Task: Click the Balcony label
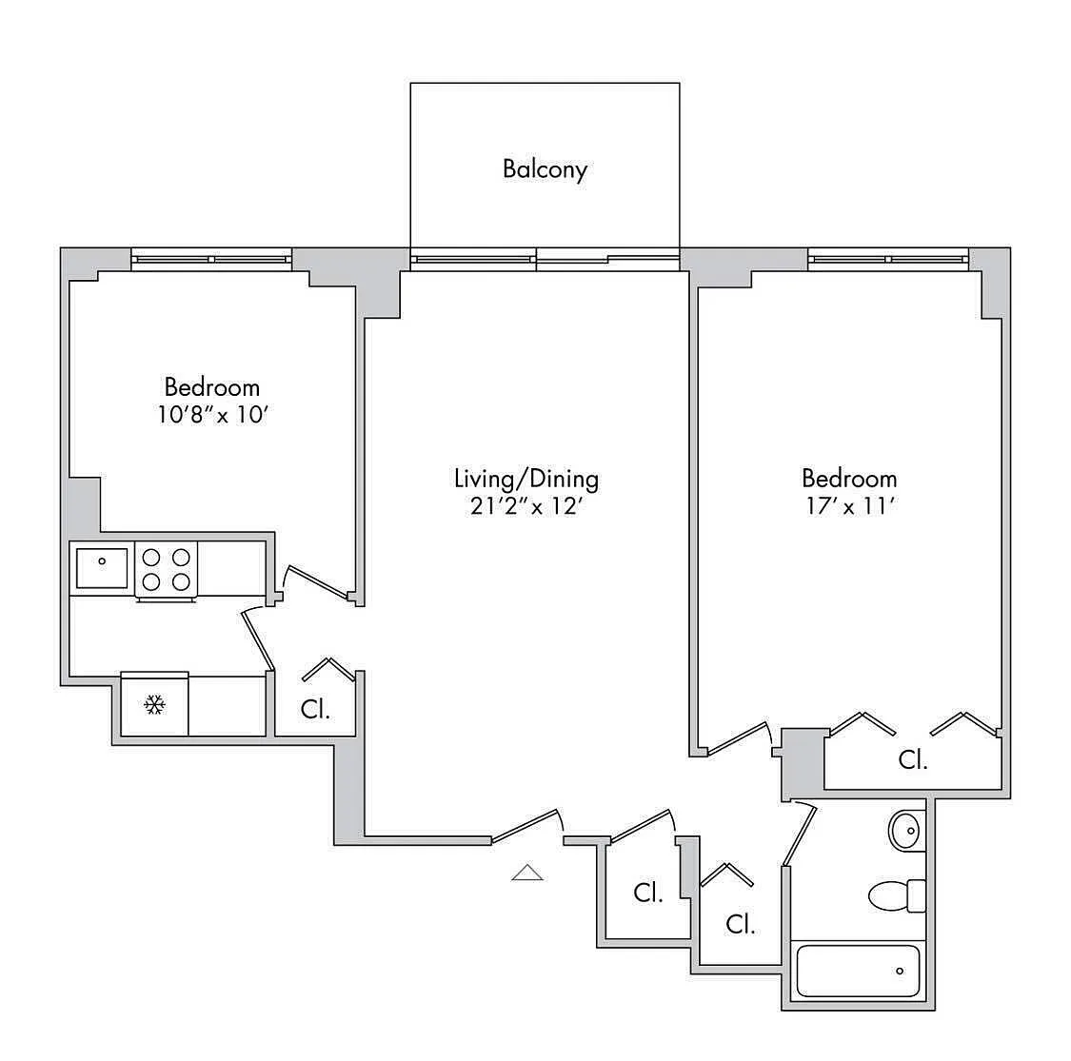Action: (x=545, y=169)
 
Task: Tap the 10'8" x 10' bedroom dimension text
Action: (x=210, y=415)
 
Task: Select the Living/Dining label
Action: (x=526, y=478)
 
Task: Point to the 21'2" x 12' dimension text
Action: (x=526, y=506)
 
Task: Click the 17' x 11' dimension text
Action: (x=848, y=506)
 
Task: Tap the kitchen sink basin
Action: (x=101, y=568)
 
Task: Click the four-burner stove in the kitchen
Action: (x=167, y=569)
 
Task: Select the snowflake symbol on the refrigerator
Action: (x=154, y=704)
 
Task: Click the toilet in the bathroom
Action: (x=896, y=895)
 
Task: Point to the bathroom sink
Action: (x=906, y=831)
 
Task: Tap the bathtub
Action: (x=858, y=971)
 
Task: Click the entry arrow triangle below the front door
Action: (x=527, y=873)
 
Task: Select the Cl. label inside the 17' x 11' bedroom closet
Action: (x=913, y=760)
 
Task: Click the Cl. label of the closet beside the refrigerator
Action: (x=315, y=710)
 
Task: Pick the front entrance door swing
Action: (x=526, y=825)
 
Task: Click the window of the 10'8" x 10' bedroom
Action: (x=211, y=258)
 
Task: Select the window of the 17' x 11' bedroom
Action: (x=888, y=258)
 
